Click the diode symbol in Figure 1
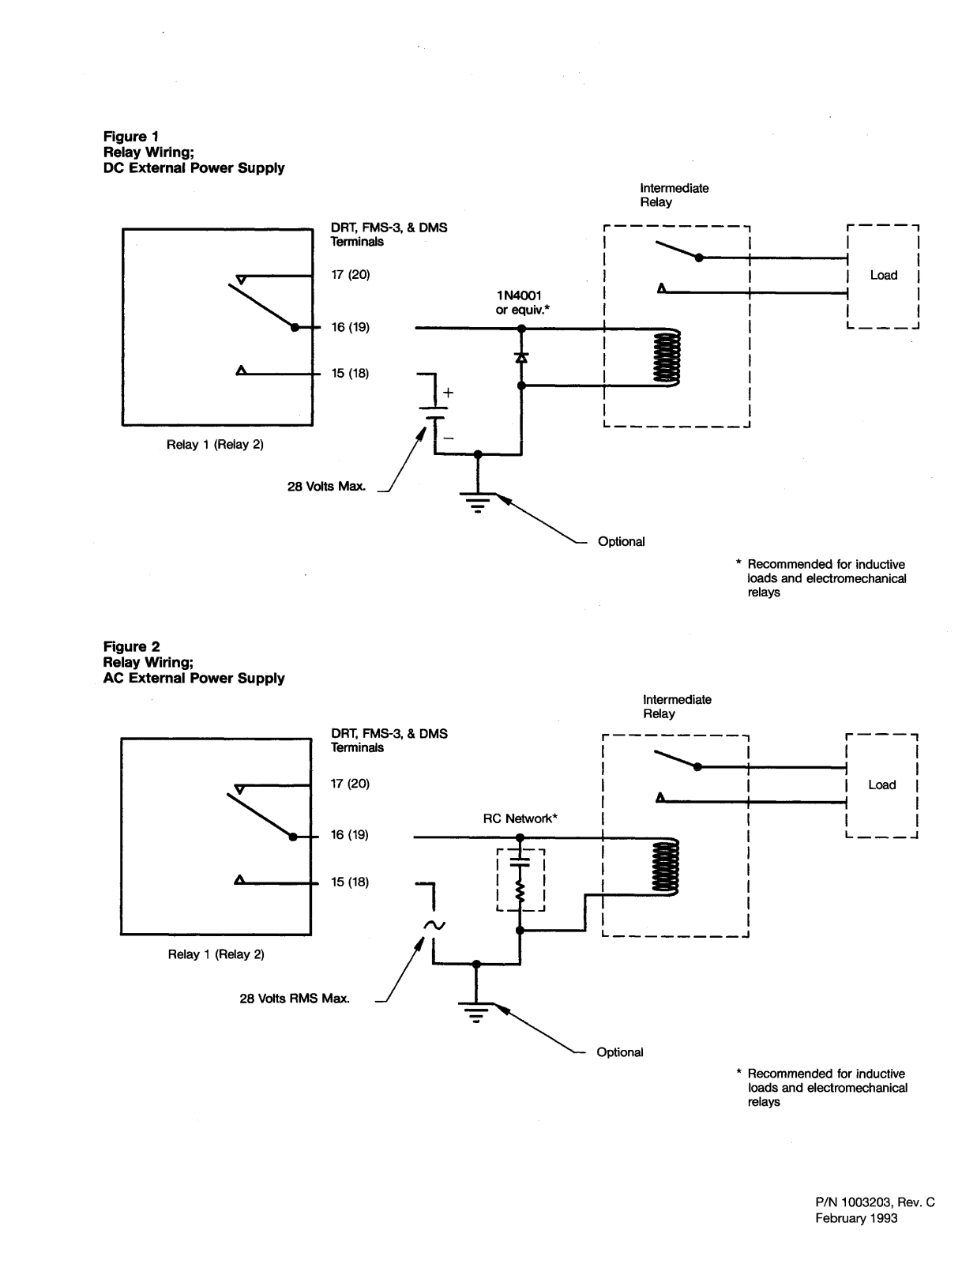click(x=521, y=357)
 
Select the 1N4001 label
click(x=519, y=295)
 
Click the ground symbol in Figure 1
click(x=478, y=502)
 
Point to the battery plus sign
click(x=448, y=393)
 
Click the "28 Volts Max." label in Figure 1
click(x=326, y=487)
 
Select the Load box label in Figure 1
click(x=883, y=275)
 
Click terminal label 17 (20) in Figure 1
click(x=351, y=275)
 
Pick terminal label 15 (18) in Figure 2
click(x=350, y=882)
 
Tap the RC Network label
click(x=520, y=818)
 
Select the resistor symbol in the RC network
click(x=520, y=892)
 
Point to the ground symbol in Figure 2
click(x=475, y=1012)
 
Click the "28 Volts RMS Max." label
click(x=295, y=999)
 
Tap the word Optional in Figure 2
click(x=620, y=1052)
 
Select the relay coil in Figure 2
click(x=665, y=867)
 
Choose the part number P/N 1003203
click(x=854, y=1202)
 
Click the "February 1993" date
click(x=856, y=1218)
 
